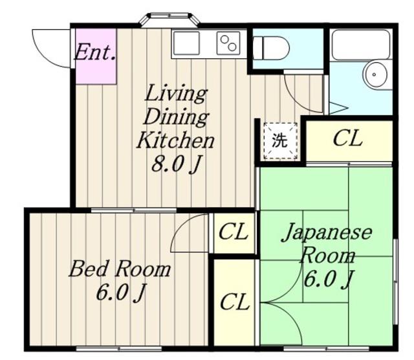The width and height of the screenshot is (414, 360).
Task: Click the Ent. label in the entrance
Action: pyautogui.click(x=95, y=52)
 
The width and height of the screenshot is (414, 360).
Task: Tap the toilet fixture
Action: pyautogui.click(x=271, y=48)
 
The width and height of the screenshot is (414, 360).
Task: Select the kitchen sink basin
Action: pyautogui.click(x=186, y=43)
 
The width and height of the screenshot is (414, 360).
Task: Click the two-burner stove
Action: pyautogui.click(x=228, y=43)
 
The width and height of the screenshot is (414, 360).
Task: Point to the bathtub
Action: pyautogui.click(x=361, y=45)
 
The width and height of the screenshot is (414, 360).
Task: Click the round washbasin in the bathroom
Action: pyautogui.click(x=375, y=74)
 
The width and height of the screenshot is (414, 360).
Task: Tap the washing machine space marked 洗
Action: pyautogui.click(x=280, y=141)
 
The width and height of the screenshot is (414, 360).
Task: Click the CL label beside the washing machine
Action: pyautogui.click(x=347, y=138)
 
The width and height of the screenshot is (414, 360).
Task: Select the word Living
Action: pyautogui.click(x=176, y=93)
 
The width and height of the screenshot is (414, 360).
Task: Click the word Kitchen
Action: pyautogui.click(x=175, y=141)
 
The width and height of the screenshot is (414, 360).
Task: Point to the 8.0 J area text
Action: pyautogui.click(x=175, y=164)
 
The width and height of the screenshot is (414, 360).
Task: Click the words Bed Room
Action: pyautogui.click(x=120, y=269)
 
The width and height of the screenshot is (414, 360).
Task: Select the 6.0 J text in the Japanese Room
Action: pyautogui.click(x=329, y=279)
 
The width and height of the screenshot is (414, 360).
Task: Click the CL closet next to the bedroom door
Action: pyautogui.click(x=234, y=232)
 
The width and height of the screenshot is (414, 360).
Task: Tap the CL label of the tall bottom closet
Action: pyautogui.click(x=235, y=302)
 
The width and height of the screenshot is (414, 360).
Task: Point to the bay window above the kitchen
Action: pyautogui.click(x=169, y=19)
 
